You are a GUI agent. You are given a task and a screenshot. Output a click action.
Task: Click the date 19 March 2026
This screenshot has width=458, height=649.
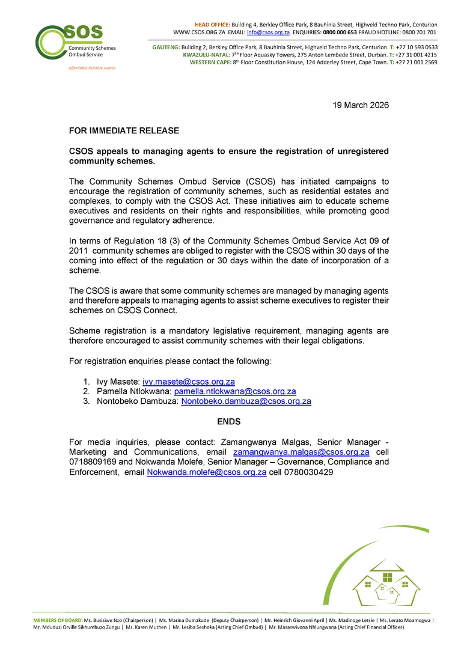coord(361,105)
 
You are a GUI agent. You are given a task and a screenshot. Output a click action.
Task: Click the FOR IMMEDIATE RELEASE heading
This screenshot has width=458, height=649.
coord(124,130)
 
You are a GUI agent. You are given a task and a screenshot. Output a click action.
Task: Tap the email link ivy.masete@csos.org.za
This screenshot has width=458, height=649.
coord(188,382)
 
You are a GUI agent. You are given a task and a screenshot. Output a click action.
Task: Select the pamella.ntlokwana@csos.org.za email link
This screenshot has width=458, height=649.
coord(235,391)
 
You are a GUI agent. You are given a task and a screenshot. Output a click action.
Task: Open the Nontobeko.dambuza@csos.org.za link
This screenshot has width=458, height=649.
coord(246,401)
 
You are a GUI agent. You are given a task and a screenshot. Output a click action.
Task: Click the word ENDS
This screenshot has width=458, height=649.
coord(229,422)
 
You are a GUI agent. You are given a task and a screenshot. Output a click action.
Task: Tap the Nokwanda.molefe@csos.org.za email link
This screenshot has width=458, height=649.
coord(207,472)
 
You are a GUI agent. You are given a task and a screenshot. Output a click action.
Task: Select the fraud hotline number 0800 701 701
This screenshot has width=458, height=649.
coord(420,32)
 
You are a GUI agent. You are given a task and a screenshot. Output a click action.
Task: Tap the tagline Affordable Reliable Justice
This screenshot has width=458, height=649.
coord(92,68)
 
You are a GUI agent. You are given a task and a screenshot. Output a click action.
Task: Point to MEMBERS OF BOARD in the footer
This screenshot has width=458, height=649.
coord(58,620)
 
